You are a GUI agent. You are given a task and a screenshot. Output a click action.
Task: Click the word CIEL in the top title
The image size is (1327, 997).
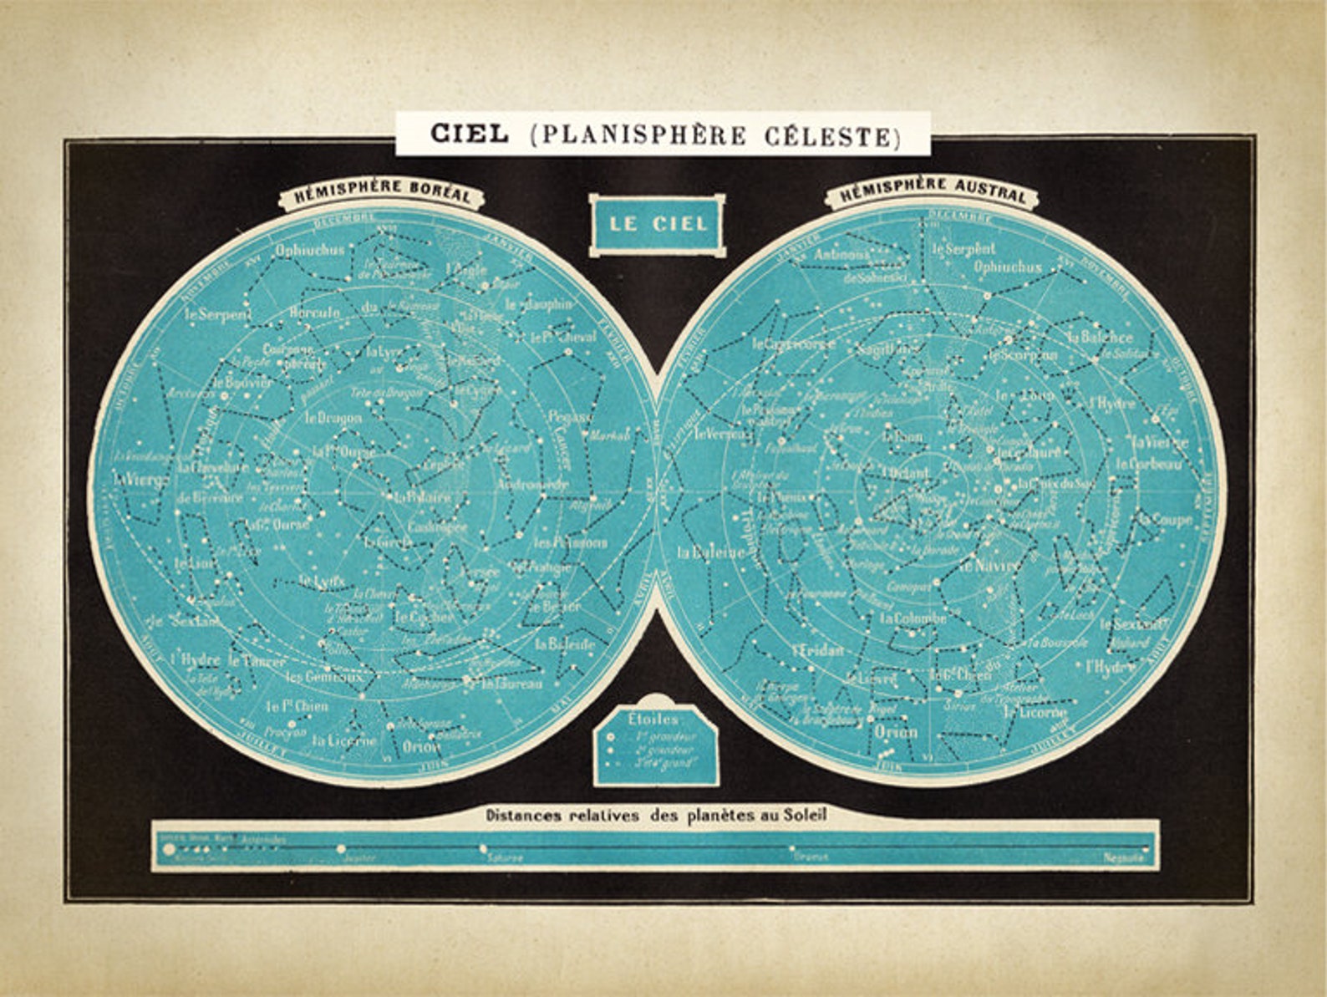pyautogui.click(x=469, y=134)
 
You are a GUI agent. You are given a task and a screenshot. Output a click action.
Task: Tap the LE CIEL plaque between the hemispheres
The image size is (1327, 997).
pyautogui.click(x=658, y=223)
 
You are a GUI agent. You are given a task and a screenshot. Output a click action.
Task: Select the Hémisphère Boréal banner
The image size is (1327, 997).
pyautogui.click(x=382, y=192)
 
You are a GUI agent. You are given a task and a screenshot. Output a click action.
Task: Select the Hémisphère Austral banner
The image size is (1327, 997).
pyautogui.click(x=933, y=191)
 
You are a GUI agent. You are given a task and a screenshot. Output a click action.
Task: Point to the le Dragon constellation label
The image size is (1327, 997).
pyautogui.click(x=333, y=417)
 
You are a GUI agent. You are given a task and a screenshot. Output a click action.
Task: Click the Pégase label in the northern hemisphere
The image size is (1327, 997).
pyautogui.click(x=570, y=415)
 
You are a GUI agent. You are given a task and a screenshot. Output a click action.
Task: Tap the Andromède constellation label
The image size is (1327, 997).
pyautogui.click(x=532, y=484)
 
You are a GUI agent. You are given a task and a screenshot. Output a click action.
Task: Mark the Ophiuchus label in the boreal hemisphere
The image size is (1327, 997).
pyautogui.click(x=309, y=249)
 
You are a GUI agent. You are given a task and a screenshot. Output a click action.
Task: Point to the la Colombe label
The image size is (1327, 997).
pyautogui.click(x=913, y=619)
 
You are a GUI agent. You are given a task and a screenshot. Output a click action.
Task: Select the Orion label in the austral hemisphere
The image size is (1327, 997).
pyautogui.click(x=896, y=732)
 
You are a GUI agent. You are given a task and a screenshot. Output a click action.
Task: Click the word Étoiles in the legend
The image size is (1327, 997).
pyautogui.click(x=653, y=718)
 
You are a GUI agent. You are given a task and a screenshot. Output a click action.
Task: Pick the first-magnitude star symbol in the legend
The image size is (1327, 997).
pyautogui.click(x=611, y=737)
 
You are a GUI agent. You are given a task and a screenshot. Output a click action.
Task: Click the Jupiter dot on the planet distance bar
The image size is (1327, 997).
pyautogui.click(x=341, y=849)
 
